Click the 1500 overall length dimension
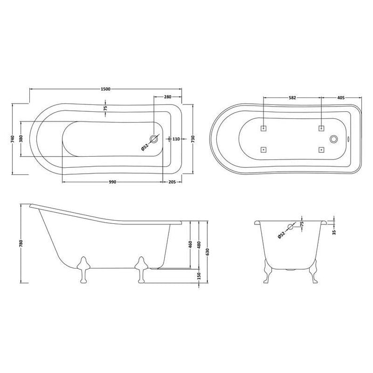(x=105, y=89)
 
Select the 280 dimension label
(x=167, y=97)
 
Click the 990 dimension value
(x=112, y=182)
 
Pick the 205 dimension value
(x=172, y=182)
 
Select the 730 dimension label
(x=192, y=139)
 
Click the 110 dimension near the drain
(x=176, y=139)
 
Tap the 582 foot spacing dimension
(x=292, y=98)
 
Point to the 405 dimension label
(x=341, y=98)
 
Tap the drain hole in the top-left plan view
(x=155, y=139)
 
